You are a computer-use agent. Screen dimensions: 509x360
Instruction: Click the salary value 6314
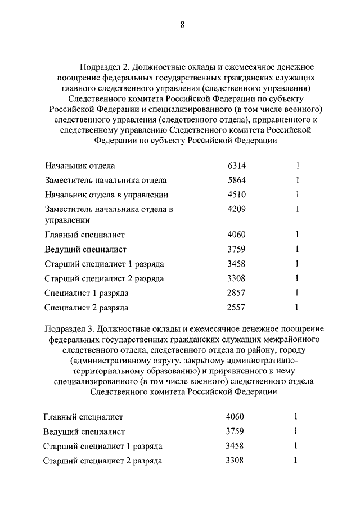[237, 166]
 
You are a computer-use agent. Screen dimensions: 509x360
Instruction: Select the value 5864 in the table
[237, 181]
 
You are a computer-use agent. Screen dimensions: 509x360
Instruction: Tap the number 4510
[237, 195]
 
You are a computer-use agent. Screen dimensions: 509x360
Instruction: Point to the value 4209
[237, 209]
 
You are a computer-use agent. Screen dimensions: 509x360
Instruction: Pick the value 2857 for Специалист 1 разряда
[237, 293]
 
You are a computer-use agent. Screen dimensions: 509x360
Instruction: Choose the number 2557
[237, 308]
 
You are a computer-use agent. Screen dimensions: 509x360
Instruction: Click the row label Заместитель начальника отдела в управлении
[109, 215]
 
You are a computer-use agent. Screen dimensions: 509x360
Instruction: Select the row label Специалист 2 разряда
[86, 308]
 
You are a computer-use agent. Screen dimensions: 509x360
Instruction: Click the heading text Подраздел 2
[104, 67]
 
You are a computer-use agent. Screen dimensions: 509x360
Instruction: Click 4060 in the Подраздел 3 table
[235, 417]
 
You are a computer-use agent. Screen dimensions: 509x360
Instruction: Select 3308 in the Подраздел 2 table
[237, 278]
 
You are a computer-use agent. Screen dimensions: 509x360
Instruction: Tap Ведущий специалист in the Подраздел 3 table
[84, 432]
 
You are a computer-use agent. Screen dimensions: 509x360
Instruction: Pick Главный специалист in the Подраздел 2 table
[84, 235]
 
